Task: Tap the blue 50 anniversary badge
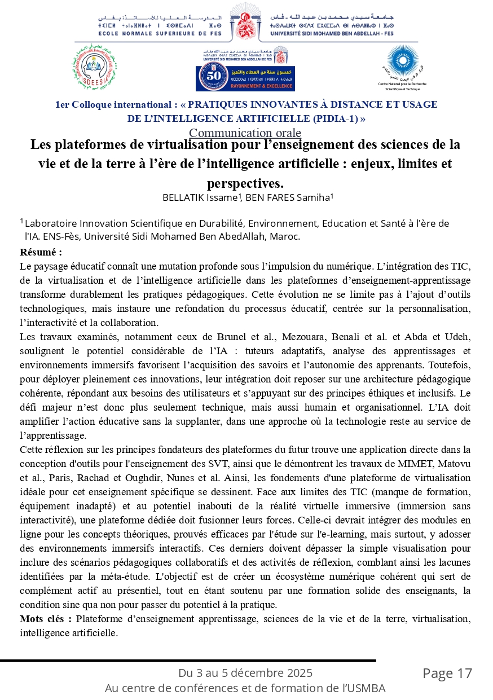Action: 245,78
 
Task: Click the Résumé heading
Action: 41,252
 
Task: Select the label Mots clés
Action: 46,619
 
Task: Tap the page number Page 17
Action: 447,673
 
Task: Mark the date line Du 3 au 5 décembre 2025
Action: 245,673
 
